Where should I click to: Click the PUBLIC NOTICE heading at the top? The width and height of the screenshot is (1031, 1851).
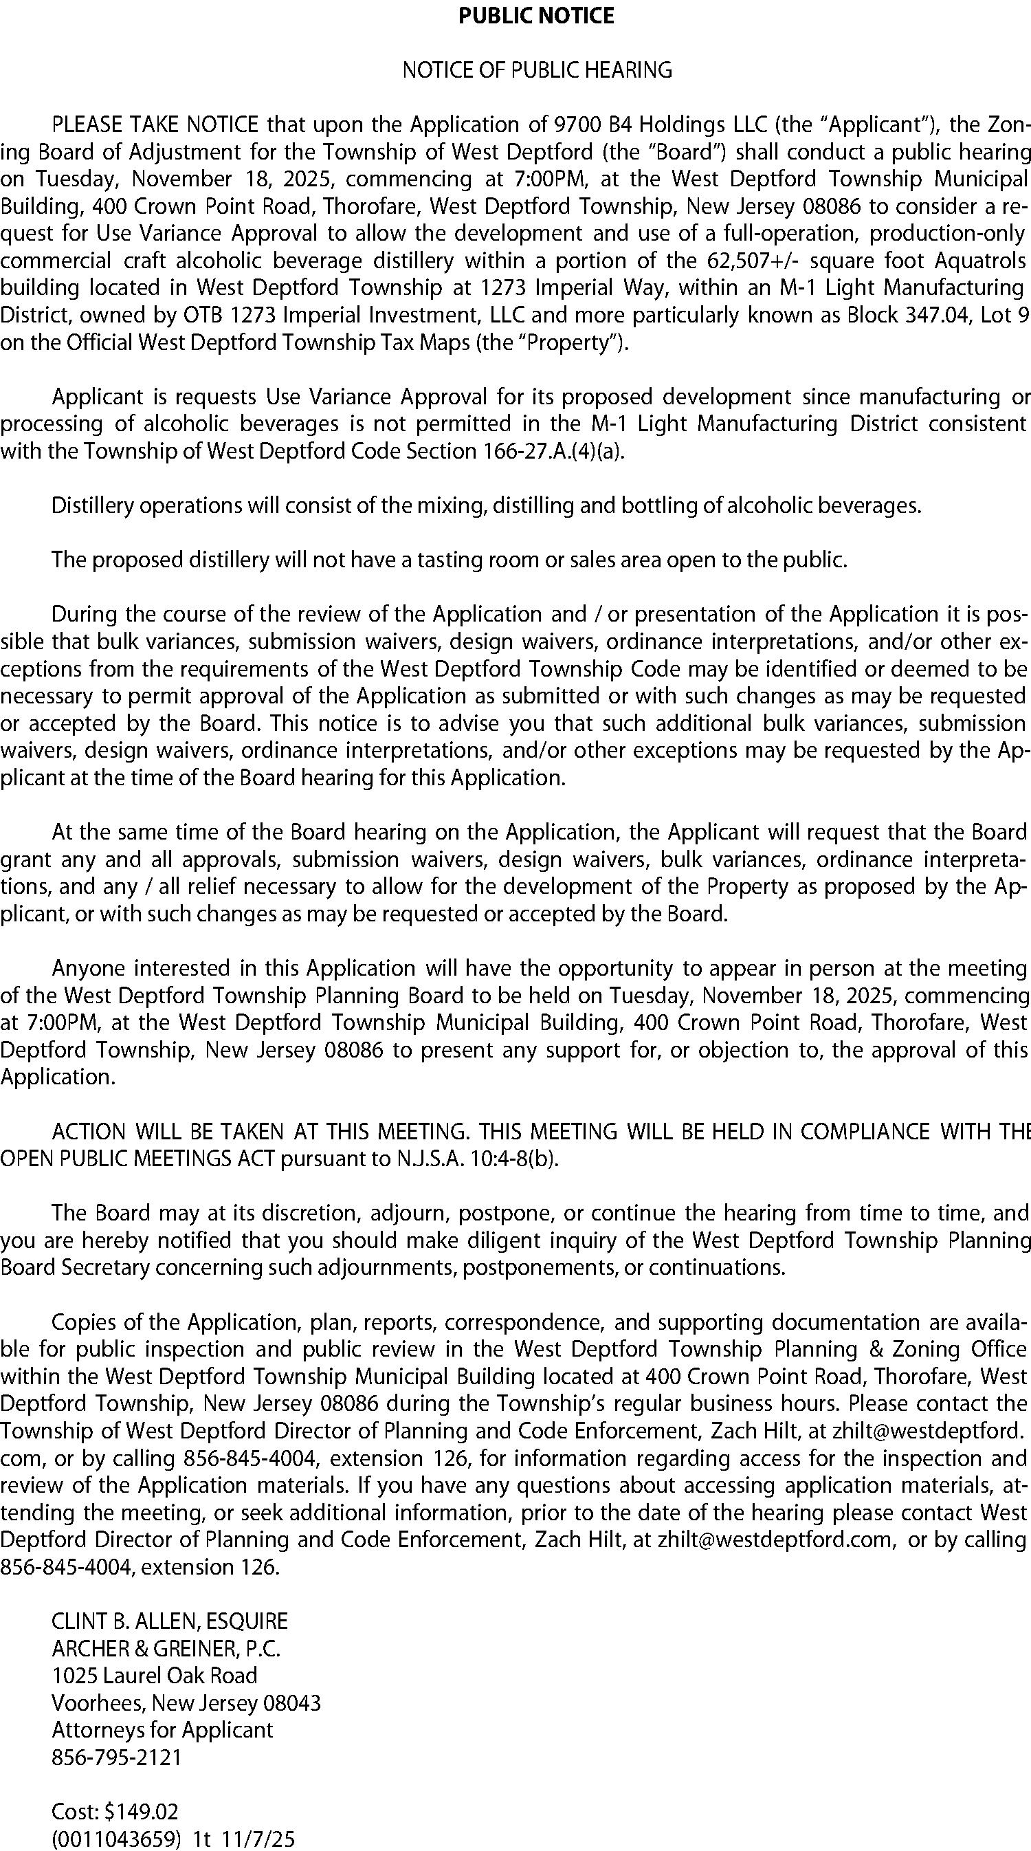point(536,16)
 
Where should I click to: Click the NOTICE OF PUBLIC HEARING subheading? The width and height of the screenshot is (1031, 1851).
point(537,70)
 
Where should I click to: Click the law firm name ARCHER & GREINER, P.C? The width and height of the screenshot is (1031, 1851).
point(166,1647)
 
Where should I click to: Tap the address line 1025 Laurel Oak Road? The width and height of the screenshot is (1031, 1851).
point(155,1675)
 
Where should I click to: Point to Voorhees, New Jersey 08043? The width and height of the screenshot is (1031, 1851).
point(186,1702)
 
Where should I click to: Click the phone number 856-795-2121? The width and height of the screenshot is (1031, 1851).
point(117,1757)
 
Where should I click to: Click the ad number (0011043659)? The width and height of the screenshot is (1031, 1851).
point(115,1838)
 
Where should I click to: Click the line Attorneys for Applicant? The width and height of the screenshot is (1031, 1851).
point(162,1729)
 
